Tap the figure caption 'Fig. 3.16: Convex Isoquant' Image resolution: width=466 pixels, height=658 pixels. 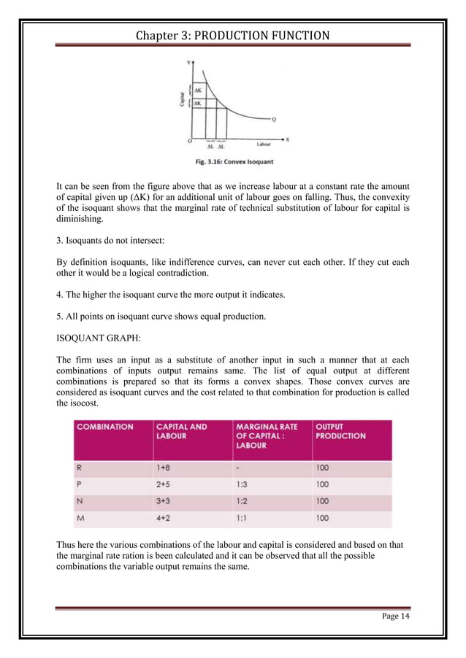pyautogui.click(x=233, y=160)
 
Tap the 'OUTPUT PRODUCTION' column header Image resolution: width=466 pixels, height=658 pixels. pyautogui.click(x=340, y=431)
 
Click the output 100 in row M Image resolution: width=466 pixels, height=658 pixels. pyautogui.click(x=322, y=519)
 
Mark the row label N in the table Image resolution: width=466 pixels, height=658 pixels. pyautogui.click(x=78, y=501)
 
